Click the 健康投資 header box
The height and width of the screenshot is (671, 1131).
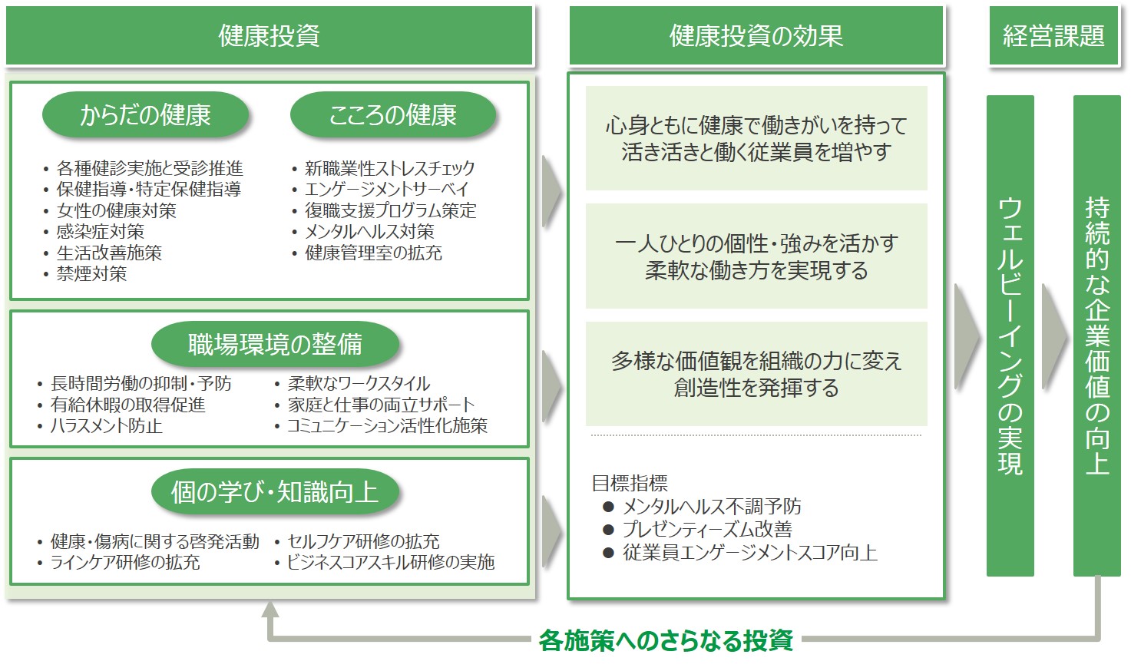pos(269,35)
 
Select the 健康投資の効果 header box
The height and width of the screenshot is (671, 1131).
pos(756,35)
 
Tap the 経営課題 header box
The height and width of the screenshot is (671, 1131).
pos(1053,35)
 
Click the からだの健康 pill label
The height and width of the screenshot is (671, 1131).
pos(145,115)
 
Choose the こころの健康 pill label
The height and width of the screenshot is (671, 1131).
pos(392,115)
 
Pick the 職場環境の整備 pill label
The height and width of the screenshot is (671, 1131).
pos(275,344)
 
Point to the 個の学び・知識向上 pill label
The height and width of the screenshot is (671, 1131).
pos(275,491)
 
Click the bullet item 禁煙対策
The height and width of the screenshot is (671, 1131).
pos(91,273)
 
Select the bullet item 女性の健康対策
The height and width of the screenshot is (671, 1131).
pos(116,210)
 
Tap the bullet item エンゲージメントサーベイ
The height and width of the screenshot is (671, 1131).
pos(386,189)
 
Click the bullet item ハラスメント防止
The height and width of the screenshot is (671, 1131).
pos(106,425)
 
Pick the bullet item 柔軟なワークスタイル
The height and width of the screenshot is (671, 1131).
pos(359,383)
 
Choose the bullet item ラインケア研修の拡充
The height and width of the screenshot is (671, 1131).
pos(124,562)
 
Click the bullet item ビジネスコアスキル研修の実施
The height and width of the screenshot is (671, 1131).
pos(391,562)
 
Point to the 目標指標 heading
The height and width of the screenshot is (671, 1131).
pos(630,483)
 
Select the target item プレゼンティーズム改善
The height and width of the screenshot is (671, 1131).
pos(707,529)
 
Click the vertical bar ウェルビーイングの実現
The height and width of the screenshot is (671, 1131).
pos(1010,335)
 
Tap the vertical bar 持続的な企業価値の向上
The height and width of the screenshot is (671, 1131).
pos(1096,335)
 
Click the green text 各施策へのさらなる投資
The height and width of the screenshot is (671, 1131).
pos(666,640)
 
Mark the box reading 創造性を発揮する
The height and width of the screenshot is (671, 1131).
pos(756,374)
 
